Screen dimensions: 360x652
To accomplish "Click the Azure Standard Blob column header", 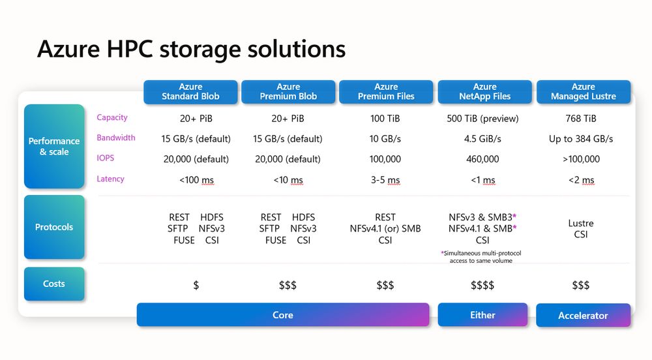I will [x=190, y=91].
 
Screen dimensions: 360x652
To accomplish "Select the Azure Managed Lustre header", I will [x=583, y=91].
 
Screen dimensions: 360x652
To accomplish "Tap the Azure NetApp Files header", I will [x=484, y=91].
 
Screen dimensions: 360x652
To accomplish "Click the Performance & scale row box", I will [x=54, y=146].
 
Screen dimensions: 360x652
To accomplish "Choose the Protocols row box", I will [x=54, y=227].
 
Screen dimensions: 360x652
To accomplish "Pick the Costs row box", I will [x=54, y=284].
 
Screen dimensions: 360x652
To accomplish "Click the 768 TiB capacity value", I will [x=581, y=119].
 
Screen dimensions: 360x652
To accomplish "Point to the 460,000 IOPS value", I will [x=483, y=159].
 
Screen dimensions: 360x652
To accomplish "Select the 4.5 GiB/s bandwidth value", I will [x=483, y=139].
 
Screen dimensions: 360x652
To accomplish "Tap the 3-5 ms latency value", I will [x=385, y=180].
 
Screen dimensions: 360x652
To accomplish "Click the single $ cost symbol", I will [x=196, y=285].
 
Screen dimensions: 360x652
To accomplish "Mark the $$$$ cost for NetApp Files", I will [x=482, y=285].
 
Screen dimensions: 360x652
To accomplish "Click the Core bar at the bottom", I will [x=283, y=315].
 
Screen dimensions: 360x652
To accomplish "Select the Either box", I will [x=482, y=315].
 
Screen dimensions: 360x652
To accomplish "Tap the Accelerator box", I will [x=583, y=316].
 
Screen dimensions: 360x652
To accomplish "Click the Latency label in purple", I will [x=110, y=179].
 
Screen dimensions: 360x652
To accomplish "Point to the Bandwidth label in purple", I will [x=116, y=138].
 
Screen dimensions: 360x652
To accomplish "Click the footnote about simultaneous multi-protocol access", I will [x=482, y=256].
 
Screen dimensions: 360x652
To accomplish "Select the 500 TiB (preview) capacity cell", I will [x=483, y=119].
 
